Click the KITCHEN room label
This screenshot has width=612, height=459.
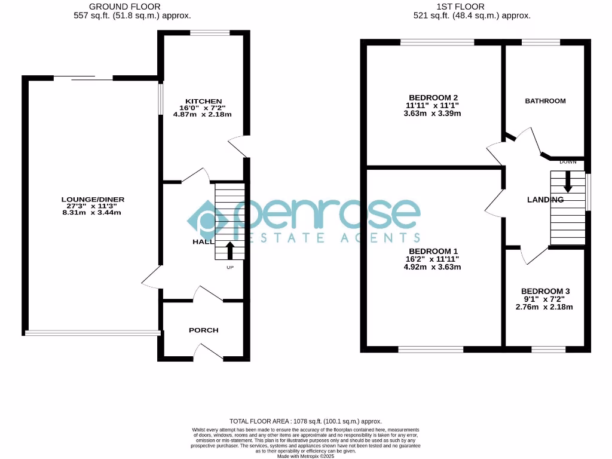[204, 101]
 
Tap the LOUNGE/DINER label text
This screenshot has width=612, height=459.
[93, 199]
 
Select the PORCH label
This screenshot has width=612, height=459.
[204, 330]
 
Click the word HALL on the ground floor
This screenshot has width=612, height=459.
[203, 242]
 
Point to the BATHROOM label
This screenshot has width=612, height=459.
[545, 101]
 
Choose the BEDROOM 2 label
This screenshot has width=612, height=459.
[433, 97]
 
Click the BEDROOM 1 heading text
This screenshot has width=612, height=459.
[433, 251]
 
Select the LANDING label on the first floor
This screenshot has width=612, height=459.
[545, 199]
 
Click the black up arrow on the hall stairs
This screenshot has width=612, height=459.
[230, 250]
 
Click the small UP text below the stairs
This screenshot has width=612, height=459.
[230, 267]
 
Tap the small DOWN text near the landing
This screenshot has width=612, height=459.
[568, 162]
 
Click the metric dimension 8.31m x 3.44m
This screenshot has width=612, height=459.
[93, 212]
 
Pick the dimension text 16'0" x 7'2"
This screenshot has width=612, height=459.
[204, 108]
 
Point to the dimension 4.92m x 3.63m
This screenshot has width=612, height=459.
[433, 267]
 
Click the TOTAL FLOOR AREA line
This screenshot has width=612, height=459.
[305, 421]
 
